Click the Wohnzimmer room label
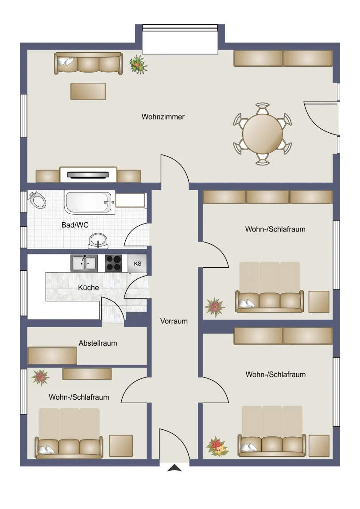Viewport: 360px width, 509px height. tap(163, 116)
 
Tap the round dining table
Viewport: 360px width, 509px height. tap(263, 134)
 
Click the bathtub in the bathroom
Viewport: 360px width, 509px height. tap(89, 202)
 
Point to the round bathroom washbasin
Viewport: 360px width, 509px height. tap(98, 240)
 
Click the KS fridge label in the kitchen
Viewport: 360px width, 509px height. tap(138, 264)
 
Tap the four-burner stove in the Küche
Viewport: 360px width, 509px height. tap(114, 263)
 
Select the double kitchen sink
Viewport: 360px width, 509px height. tap(84, 263)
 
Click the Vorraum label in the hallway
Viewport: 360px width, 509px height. tap(174, 321)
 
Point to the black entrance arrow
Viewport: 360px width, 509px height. tap(174, 468)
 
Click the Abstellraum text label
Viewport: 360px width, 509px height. tap(98, 343)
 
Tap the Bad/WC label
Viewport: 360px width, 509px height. tap(75, 225)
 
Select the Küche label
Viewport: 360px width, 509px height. tap(89, 288)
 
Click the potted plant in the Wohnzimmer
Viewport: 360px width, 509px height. tap(138, 65)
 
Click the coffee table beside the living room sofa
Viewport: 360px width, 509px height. tap(88, 91)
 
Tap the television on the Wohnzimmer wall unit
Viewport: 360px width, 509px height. tap(88, 175)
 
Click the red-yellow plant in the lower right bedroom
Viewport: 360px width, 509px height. tap(217, 446)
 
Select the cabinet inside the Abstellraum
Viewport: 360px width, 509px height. tap(52, 356)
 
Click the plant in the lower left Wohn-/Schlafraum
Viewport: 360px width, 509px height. tap(40, 377)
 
